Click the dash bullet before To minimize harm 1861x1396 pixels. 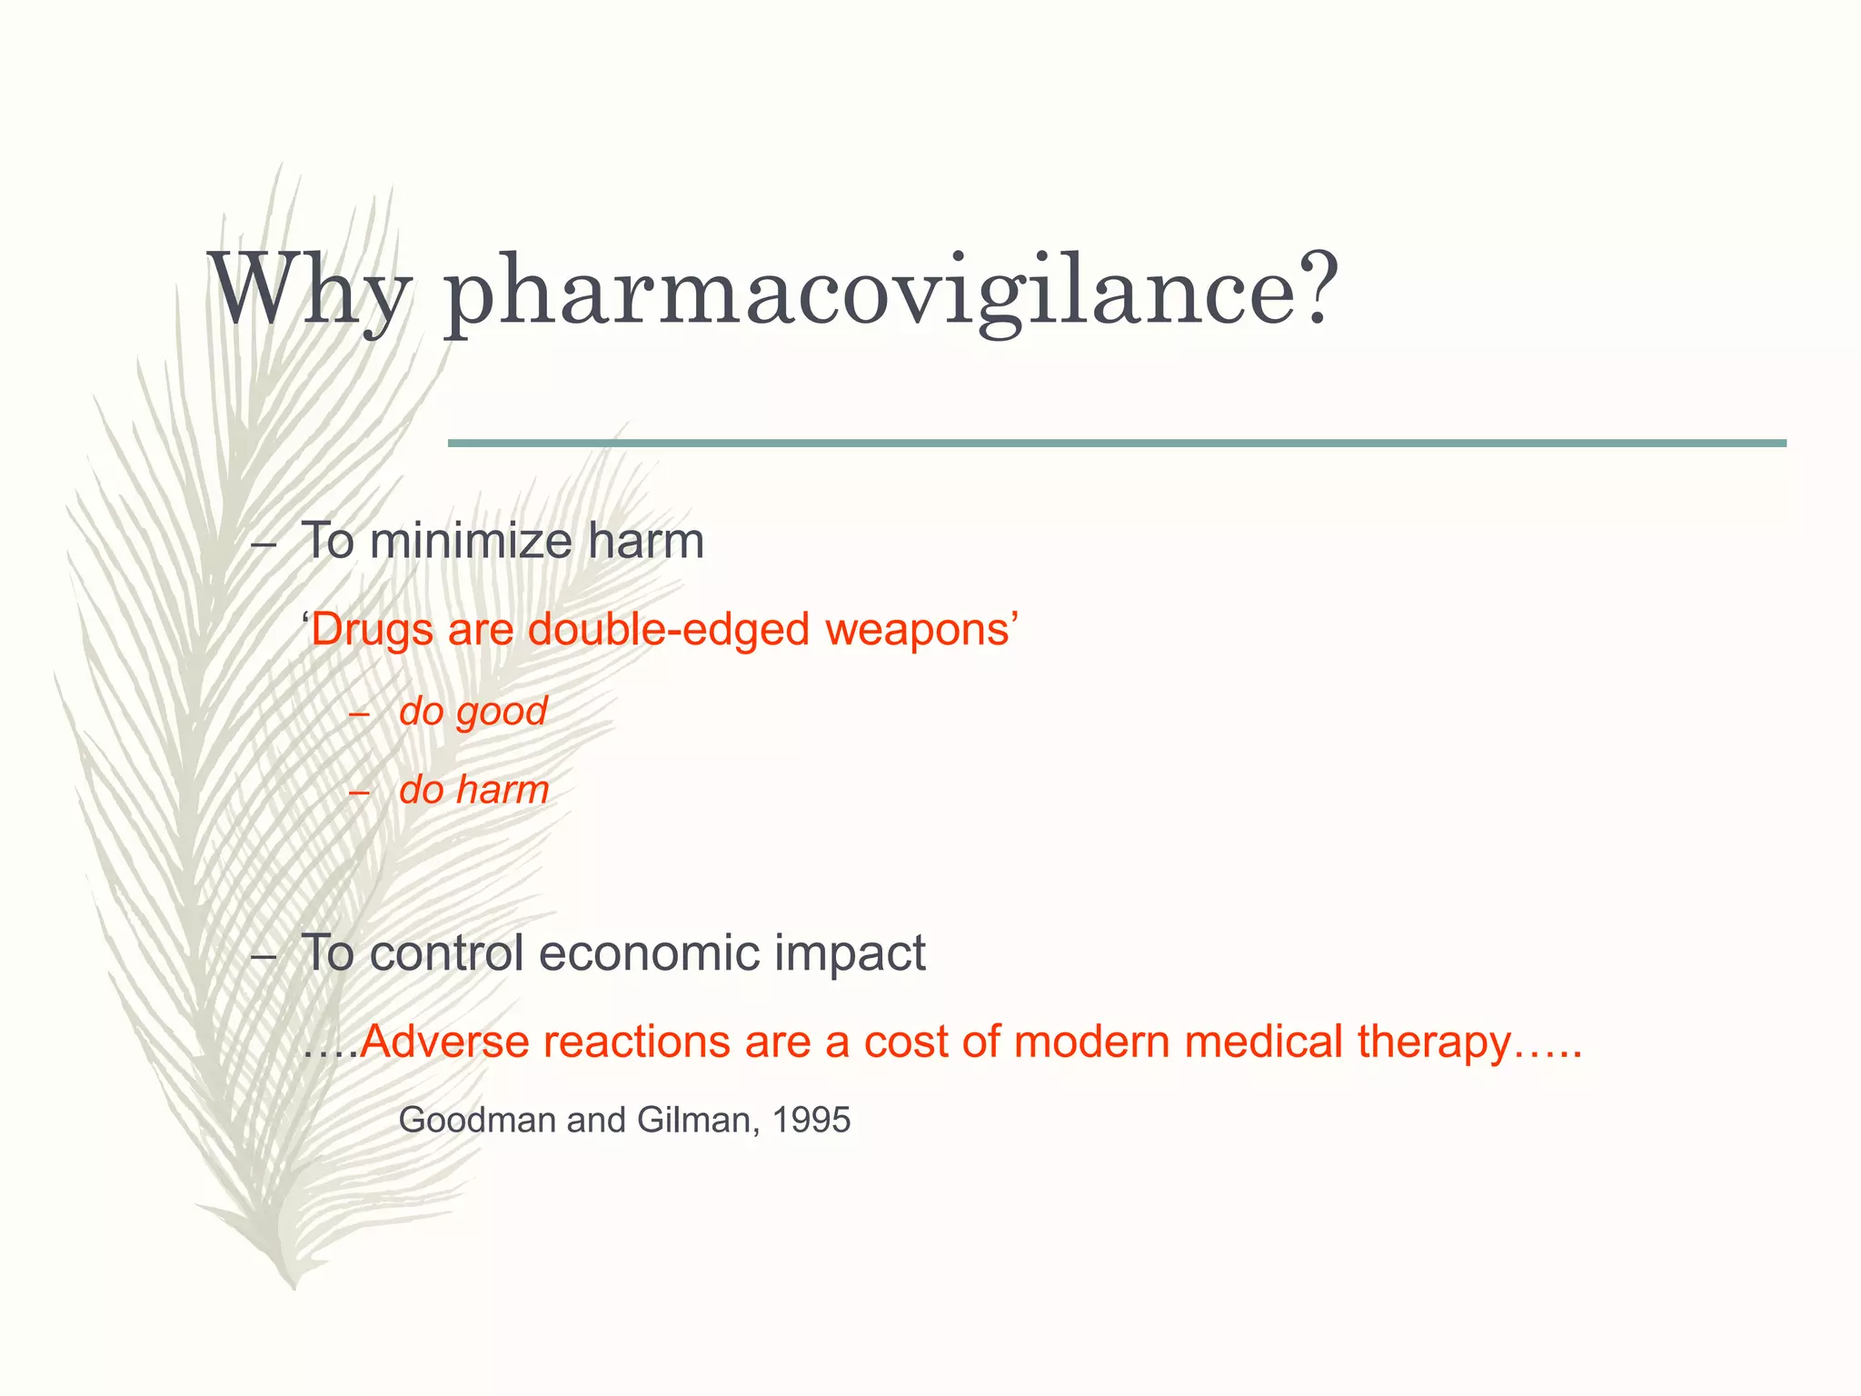263,545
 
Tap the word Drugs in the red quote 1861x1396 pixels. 372,629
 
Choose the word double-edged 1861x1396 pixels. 668,629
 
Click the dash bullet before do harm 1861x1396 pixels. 359,793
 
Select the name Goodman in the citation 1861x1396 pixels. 477,1120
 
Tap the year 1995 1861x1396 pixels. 811,1120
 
